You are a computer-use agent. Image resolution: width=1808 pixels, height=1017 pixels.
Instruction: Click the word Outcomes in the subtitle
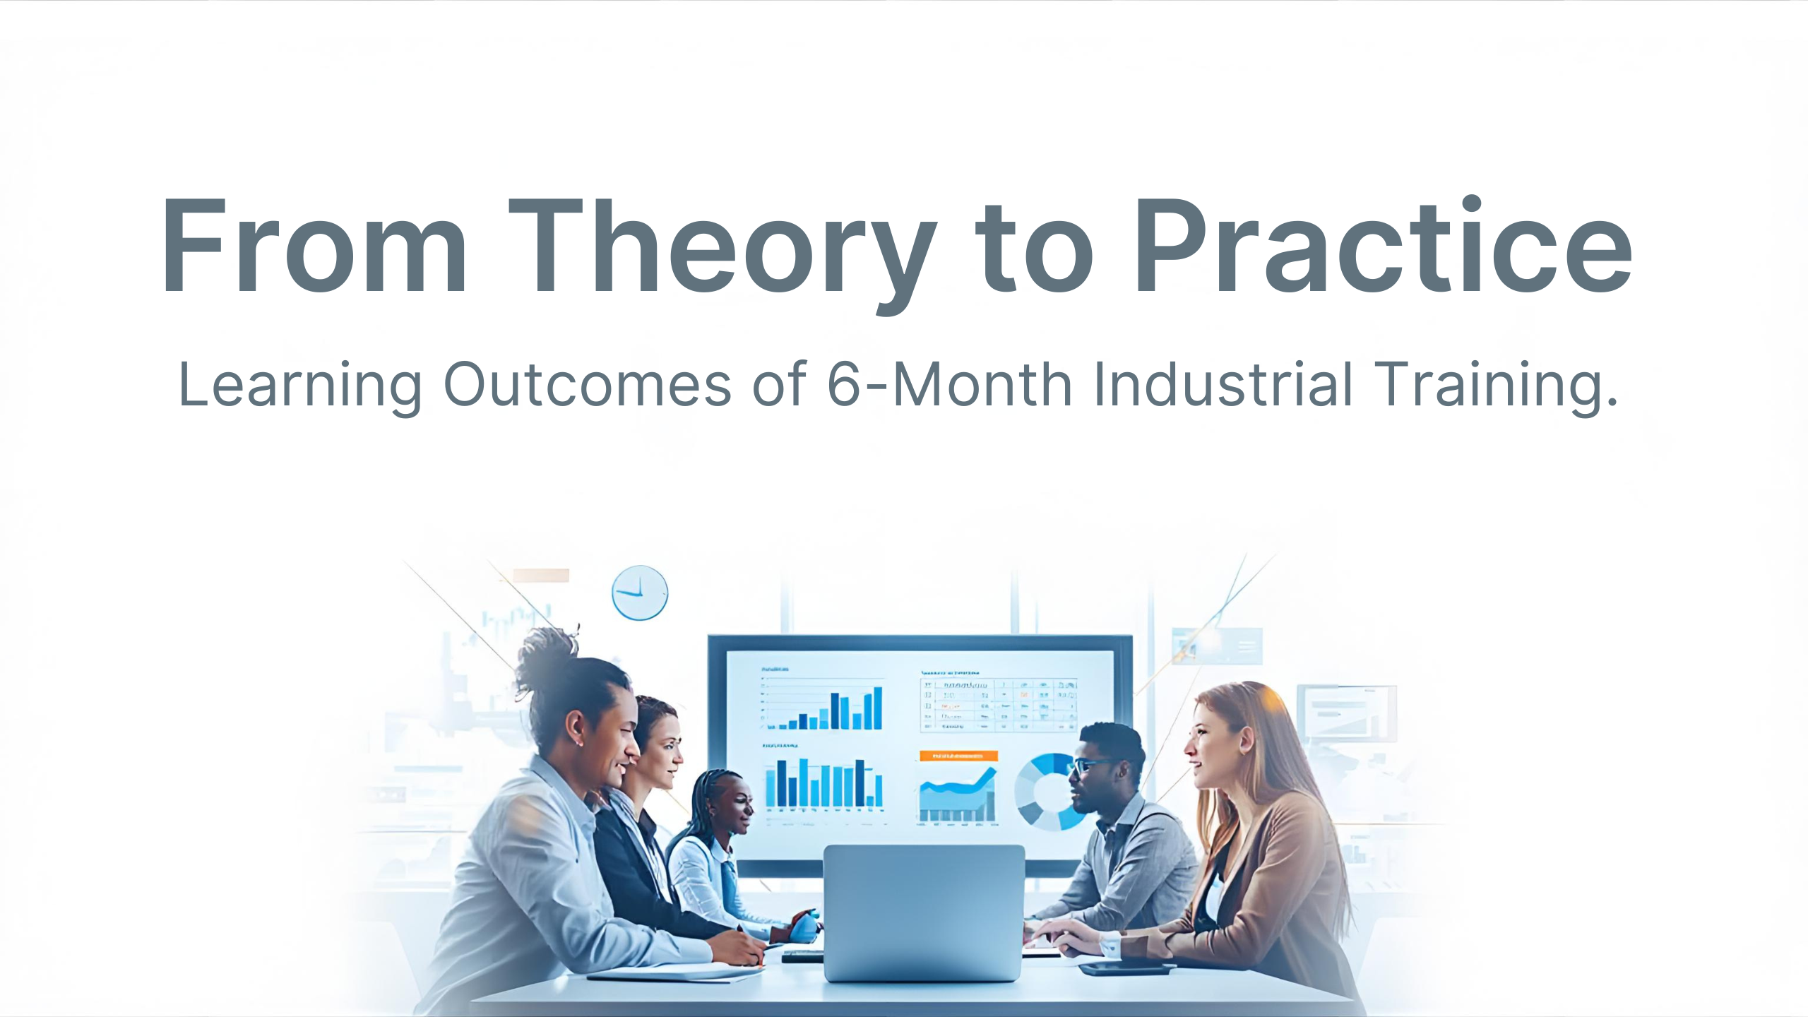(588, 385)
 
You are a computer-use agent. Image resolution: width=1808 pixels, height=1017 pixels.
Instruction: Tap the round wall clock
(640, 593)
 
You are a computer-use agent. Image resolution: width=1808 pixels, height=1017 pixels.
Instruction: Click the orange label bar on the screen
(958, 756)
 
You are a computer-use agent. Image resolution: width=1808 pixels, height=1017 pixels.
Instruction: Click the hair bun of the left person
(547, 653)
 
